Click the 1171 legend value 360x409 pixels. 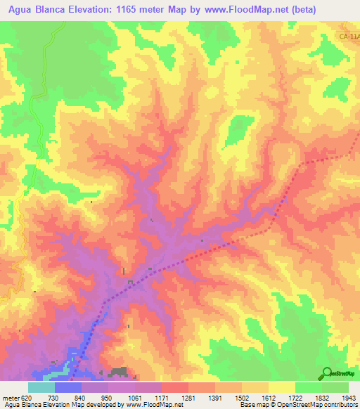pos(161,397)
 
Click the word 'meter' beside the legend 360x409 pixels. pos(11,397)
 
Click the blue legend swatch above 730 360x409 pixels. pos(68,387)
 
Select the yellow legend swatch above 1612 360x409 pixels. pos(282,387)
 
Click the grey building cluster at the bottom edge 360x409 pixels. pos(119,371)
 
